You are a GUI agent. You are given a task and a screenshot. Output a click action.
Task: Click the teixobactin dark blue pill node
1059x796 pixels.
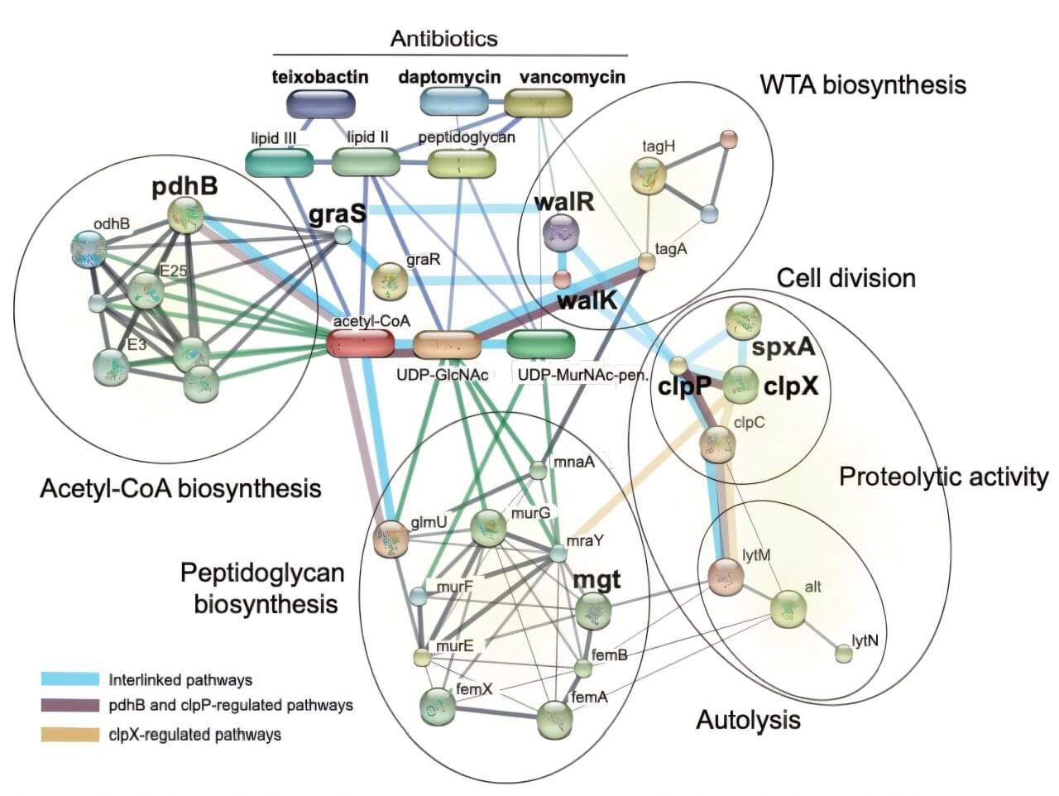(x=321, y=103)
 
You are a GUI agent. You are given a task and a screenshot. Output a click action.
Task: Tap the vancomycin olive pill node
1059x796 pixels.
(x=538, y=103)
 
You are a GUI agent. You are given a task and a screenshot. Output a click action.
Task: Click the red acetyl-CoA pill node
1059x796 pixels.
(x=360, y=343)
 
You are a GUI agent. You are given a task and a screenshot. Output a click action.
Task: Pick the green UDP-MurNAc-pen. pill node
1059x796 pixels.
(x=540, y=343)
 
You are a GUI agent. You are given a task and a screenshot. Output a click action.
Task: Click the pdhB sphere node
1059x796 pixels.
(x=184, y=215)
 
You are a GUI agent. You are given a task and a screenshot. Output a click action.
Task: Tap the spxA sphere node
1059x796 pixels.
(x=743, y=321)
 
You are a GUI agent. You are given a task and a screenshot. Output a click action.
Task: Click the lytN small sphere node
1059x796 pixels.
(x=843, y=655)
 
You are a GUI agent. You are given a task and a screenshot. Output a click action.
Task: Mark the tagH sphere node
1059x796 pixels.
(x=648, y=175)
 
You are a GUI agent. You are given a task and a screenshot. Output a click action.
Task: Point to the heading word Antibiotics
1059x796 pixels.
(x=444, y=39)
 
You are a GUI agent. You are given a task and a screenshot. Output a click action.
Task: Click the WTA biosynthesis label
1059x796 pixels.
(x=862, y=84)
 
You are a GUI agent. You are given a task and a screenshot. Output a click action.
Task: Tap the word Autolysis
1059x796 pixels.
(x=748, y=720)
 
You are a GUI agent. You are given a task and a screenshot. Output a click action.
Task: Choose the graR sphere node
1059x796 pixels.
(x=388, y=282)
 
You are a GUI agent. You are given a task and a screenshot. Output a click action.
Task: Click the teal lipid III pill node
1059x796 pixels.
(x=280, y=162)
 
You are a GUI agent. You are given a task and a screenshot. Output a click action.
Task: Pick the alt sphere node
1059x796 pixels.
(x=788, y=610)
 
